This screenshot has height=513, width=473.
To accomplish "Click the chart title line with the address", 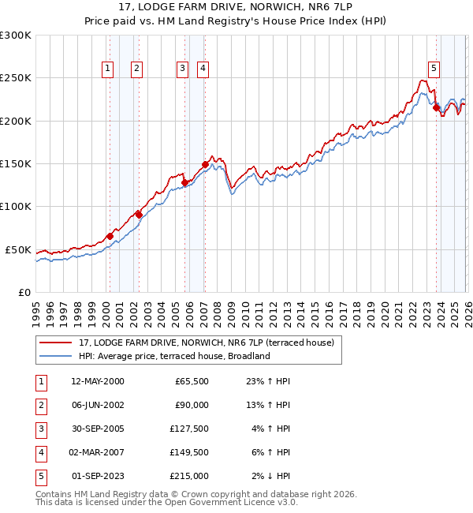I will (236, 7).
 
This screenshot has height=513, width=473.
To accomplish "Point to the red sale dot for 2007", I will (205, 164).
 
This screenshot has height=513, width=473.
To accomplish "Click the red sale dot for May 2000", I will (110, 236).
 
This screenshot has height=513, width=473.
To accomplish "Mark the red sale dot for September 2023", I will (436, 108).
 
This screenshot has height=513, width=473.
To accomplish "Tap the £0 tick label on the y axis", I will (24, 292).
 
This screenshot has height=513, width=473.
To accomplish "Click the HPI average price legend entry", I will (174, 356).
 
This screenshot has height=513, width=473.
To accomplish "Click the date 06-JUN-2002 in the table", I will (97, 405).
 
